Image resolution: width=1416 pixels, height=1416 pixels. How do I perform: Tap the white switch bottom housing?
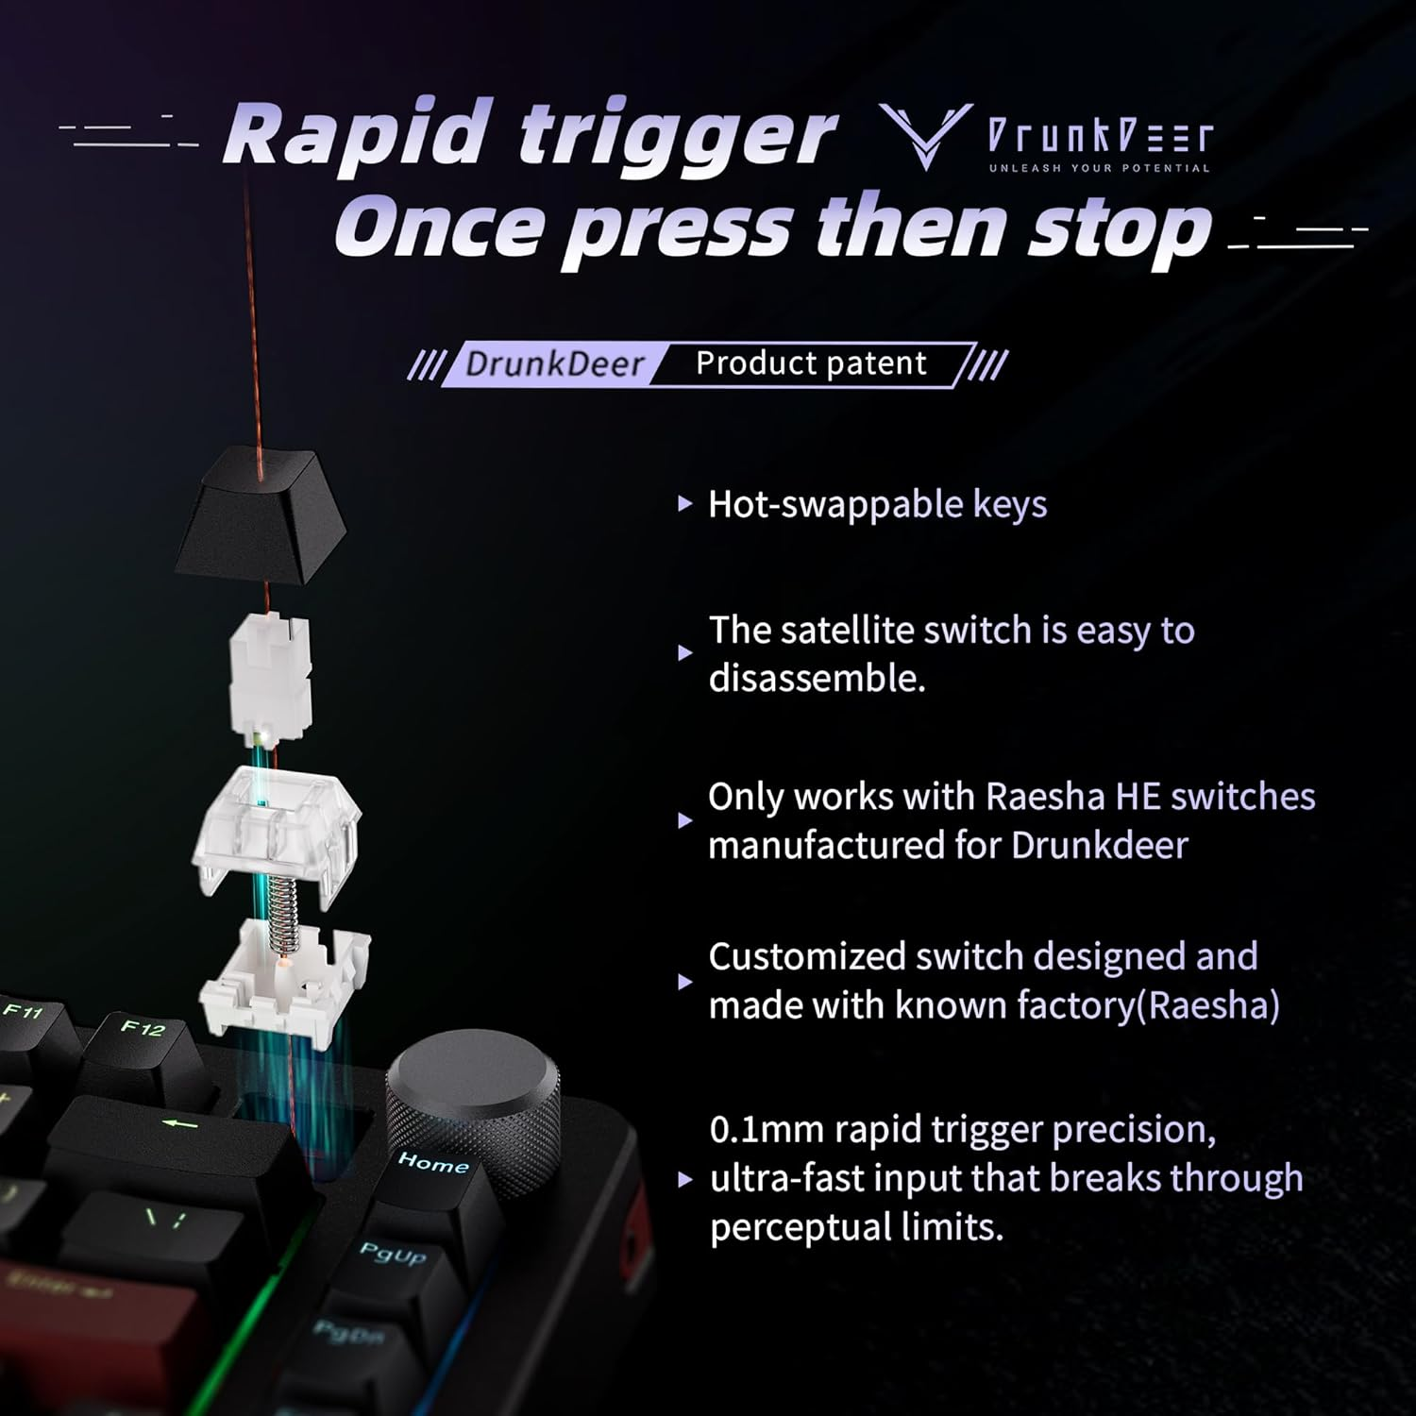coord(283,982)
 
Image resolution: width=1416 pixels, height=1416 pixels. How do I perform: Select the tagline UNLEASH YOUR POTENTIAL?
coord(1099,168)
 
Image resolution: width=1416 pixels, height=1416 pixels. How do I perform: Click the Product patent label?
coord(811,363)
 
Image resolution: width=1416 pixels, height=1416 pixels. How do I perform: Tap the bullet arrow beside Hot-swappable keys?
coord(685,504)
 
